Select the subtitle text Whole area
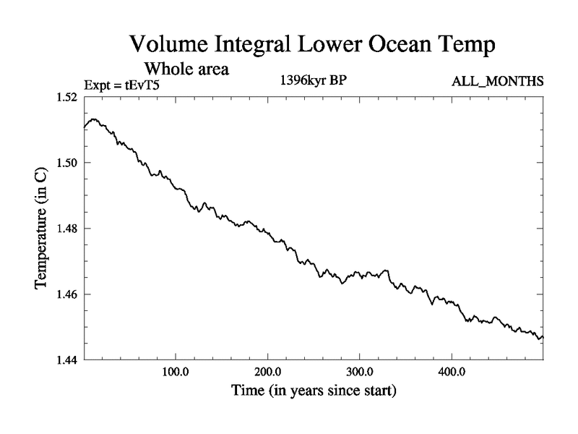[187, 69]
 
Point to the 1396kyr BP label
[314, 81]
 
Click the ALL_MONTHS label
[497, 82]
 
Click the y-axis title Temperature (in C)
[43, 228]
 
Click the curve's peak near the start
[95, 119]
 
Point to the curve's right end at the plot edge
[542, 337]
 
